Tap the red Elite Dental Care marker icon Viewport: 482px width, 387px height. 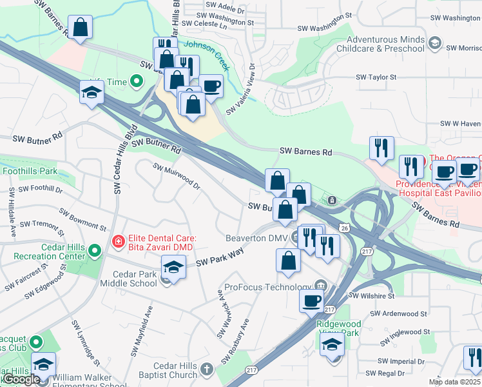tap(118, 242)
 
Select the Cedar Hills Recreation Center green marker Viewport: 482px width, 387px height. tap(95, 250)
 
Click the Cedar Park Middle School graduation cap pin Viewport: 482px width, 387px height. tap(173, 266)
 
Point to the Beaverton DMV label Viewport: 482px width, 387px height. tap(255, 238)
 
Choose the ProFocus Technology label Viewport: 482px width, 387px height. tap(267, 287)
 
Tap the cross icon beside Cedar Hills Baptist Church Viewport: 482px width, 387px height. tap(206, 369)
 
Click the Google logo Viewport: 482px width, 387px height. tap(21, 379)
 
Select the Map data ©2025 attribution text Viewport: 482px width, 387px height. tap(454, 382)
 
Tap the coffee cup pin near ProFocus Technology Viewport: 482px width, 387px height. tap(312, 301)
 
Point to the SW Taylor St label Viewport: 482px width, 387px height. tap(376, 77)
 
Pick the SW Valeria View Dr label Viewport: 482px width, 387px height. tap(241, 89)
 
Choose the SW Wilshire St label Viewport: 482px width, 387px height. tap(371, 296)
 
